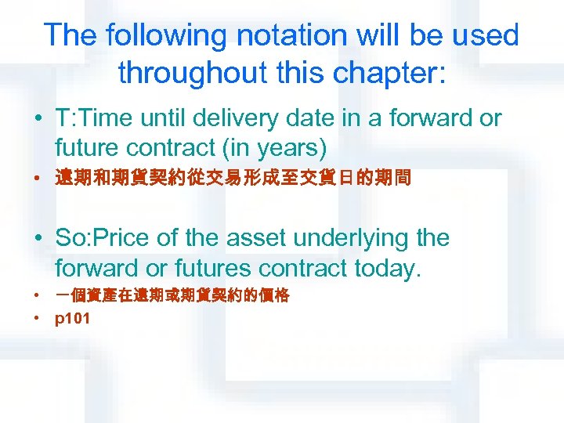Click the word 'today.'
[x=388, y=269]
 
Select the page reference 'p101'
[x=72, y=320]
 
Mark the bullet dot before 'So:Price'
[x=38, y=239]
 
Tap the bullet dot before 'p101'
[x=38, y=320]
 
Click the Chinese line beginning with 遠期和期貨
[x=233, y=179]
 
